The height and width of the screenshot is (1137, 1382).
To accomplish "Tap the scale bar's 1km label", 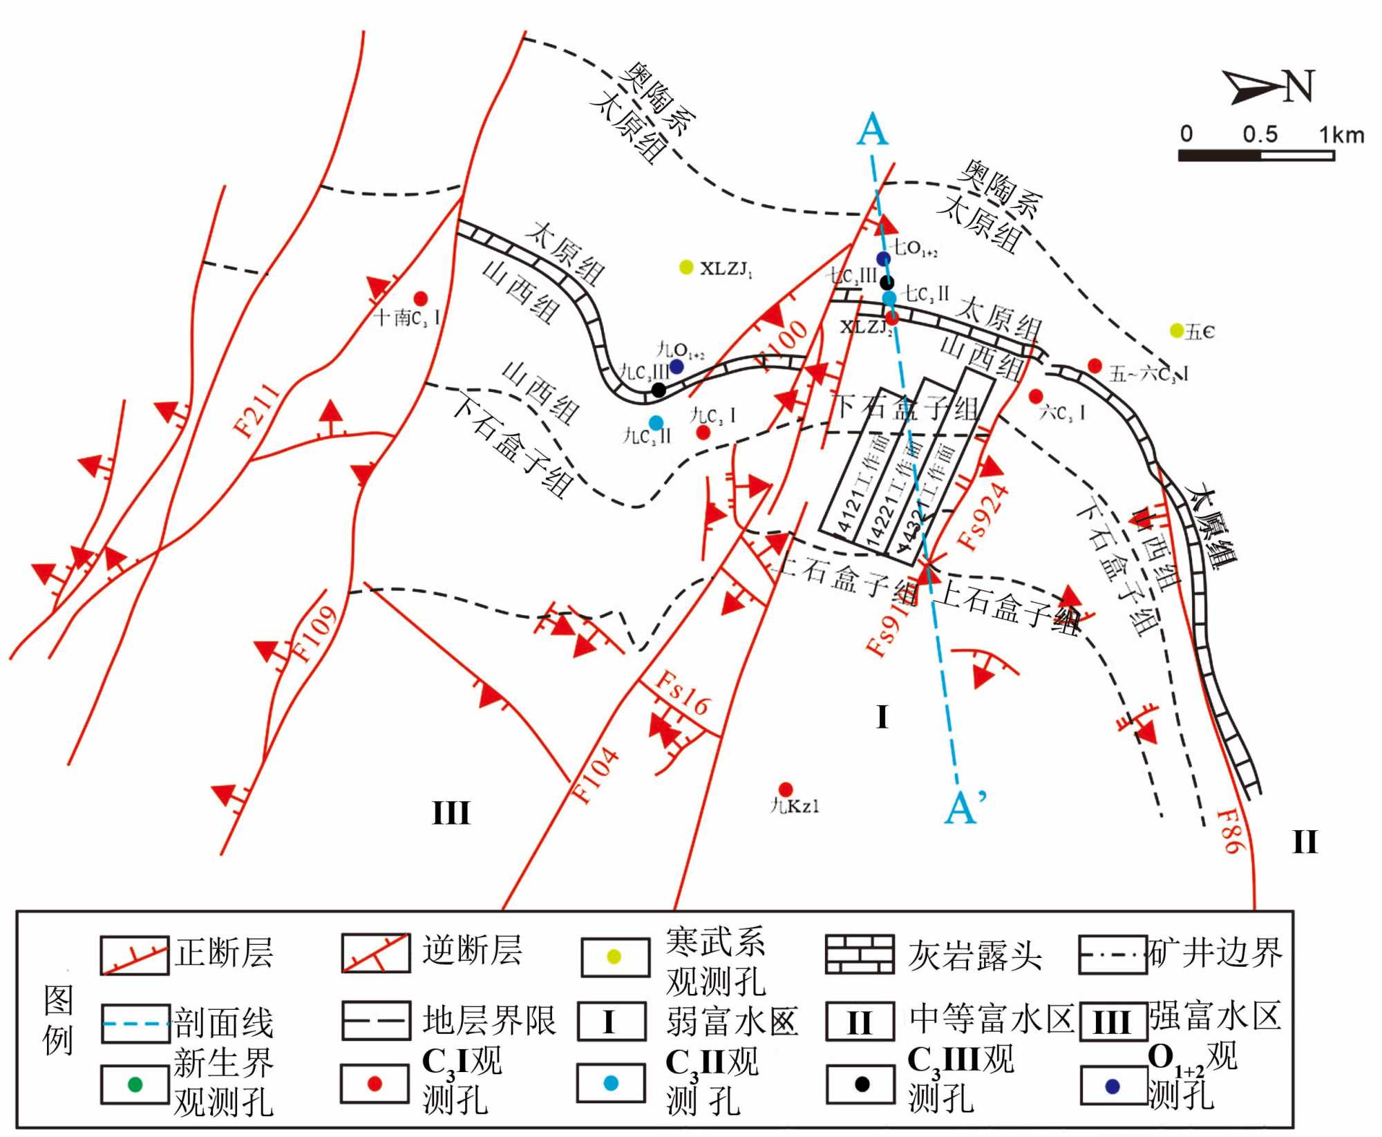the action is tap(1341, 134).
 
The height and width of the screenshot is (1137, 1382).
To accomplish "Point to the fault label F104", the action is tap(595, 775).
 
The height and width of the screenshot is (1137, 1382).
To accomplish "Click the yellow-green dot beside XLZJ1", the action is tap(686, 267).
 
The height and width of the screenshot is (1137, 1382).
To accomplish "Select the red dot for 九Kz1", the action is tap(785, 789).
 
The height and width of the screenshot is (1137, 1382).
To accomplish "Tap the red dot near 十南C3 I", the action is tap(420, 299).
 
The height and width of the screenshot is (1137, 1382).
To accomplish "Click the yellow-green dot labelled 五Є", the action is tap(1176, 330).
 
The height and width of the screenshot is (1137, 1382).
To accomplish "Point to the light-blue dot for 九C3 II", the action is tap(656, 423).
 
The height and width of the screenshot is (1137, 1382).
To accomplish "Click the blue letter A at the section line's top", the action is tap(872, 129).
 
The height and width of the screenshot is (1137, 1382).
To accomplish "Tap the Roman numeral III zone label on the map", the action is tap(451, 813).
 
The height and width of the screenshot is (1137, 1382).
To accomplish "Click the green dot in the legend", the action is tap(135, 1084).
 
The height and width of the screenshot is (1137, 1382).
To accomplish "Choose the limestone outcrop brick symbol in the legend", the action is tap(860, 955).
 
